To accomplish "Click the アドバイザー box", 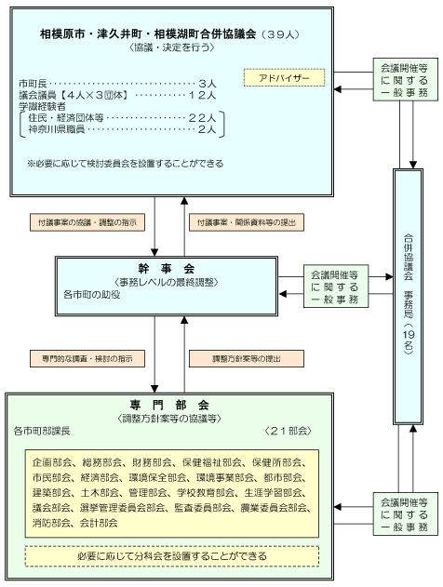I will pyautogui.click(x=285, y=78).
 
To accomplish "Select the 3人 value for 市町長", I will pyautogui.click(x=209, y=82).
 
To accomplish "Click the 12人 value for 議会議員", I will pyautogui.click(x=207, y=95).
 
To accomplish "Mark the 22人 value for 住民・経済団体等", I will pyautogui.click(x=207, y=119).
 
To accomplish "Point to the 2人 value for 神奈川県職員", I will pyautogui.click(x=209, y=131).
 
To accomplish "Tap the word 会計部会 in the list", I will pyautogui.click(x=100, y=523).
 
